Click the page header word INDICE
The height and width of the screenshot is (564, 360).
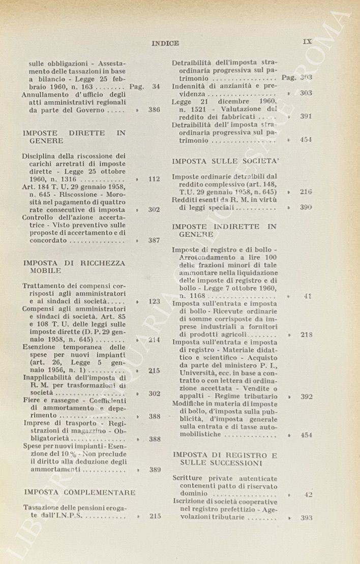click(x=165, y=43)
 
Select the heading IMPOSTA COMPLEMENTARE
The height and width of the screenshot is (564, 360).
click(x=80, y=492)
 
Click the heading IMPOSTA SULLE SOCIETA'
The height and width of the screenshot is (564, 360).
click(x=225, y=162)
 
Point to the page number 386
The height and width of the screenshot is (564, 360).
click(x=154, y=110)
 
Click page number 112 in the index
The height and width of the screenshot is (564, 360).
click(x=154, y=179)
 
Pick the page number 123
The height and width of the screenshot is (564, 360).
click(x=154, y=301)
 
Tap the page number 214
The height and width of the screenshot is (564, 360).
click(x=154, y=340)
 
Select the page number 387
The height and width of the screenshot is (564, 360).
click(x=154, y=240)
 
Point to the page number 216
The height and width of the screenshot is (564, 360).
click(x=306, y=192)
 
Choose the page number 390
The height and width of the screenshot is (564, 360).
click(x=306, y=207)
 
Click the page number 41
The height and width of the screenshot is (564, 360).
click(x=308, y=296)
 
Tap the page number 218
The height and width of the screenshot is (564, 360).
click(x=306, y=334)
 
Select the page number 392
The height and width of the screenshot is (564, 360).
click(x=306, y=396)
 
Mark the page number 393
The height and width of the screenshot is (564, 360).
click(x=306, y=518)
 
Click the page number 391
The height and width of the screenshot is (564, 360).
click(x=306, y=116)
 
